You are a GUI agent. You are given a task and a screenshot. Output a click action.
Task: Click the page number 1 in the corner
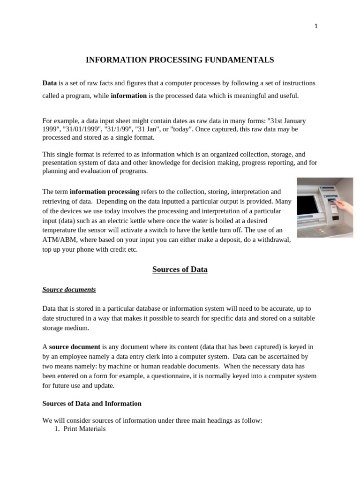click(x=316, y=27)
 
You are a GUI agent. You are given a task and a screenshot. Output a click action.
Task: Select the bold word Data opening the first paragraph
click(x=49, y=83)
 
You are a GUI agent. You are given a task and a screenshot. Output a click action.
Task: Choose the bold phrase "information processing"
click(x=104, y=192)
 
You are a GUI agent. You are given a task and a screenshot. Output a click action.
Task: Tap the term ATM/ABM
click(x=59, y=240)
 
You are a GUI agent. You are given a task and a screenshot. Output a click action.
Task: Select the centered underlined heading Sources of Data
click(x=180, y=270)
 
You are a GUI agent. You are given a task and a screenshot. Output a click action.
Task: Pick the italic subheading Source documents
click(x=69, y=290)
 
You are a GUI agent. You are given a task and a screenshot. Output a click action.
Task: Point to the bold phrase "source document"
click(x=74, y=347)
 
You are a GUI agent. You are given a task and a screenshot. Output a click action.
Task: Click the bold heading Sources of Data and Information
click(x=92, y=403)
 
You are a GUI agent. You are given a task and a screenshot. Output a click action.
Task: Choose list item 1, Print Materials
click(x=84, y=428)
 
